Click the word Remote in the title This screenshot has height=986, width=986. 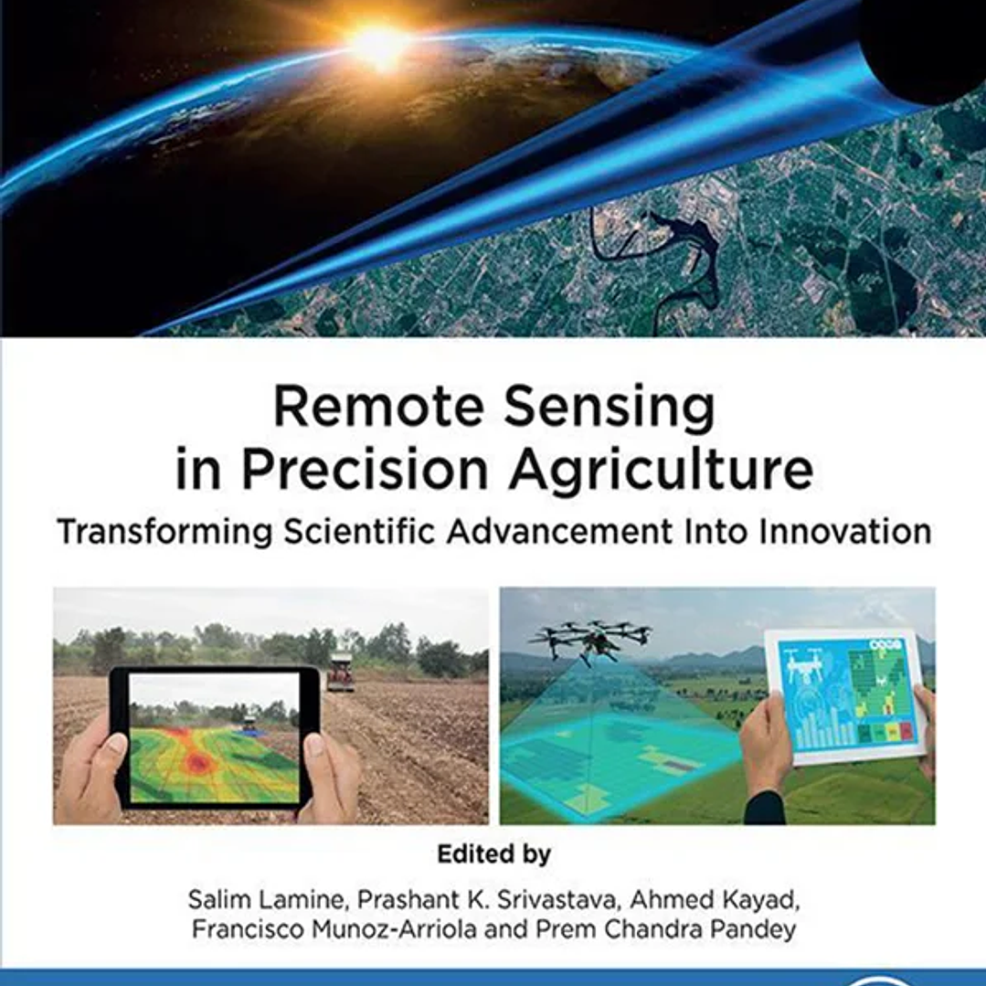tap(378, 407)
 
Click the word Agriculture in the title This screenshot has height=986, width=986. tap(662, 472)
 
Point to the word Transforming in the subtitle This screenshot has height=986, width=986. tap(164, 533)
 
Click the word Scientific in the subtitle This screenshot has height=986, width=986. tap(359, 531)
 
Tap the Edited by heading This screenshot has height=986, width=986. tap(493, 854)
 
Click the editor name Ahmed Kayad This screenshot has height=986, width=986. tap(715, 900)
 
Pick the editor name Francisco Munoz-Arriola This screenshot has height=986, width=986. tap(334, 928)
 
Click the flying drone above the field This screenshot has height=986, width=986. tap(589, 641)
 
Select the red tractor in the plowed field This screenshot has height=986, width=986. tap(341, 672)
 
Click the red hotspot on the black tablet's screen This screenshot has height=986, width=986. tap(196, 761)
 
